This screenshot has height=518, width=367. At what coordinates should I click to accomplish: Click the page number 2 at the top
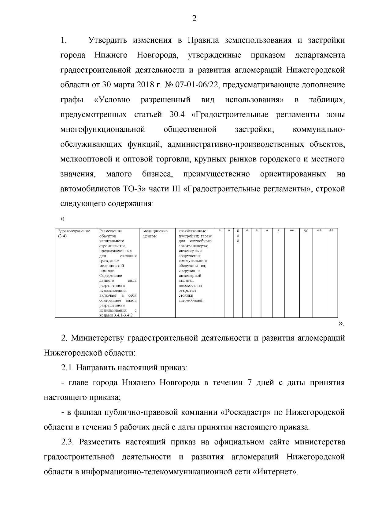click(x=194, y=19)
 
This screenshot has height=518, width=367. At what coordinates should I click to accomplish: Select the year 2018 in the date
click(x=144, y=85)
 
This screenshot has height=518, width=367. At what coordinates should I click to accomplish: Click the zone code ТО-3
click(x=136, y=189)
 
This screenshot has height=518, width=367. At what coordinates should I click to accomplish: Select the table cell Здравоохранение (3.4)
click(x=74, y=234)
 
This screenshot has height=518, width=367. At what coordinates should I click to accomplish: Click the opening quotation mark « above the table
click(x=62, y=219)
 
